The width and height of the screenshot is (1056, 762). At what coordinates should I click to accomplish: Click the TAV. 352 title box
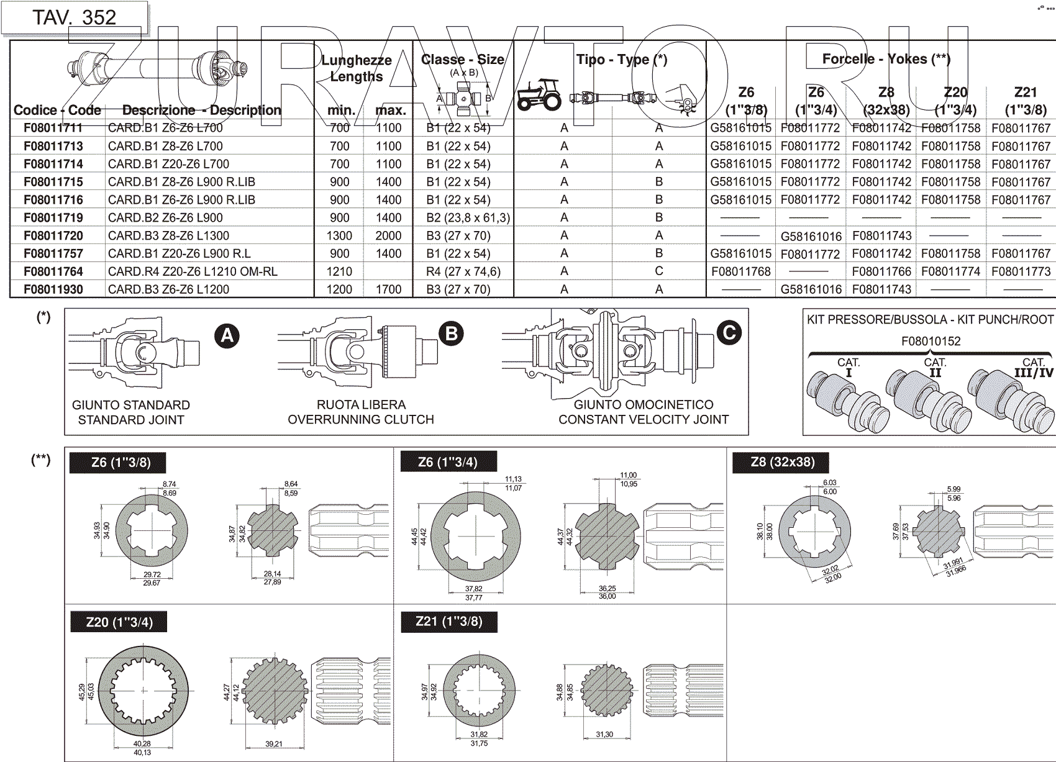[x=74, y=17]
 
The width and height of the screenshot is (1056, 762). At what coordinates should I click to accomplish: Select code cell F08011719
[x=53, y=218]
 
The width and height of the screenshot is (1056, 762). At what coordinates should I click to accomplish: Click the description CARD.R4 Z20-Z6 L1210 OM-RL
[x=193, y=271]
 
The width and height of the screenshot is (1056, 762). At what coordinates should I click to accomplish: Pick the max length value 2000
[x=388, y=236]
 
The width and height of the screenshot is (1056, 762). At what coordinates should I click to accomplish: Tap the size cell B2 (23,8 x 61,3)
[x=468, y=218]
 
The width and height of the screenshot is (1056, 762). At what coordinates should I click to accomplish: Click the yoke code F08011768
[x=741, y=271]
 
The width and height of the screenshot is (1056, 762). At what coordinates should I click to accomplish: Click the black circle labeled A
[x=227, y=336]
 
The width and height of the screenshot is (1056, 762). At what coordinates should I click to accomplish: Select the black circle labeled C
[x=729, y=333]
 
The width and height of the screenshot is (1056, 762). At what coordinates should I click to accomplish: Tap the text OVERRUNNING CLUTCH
[x=360, y=420]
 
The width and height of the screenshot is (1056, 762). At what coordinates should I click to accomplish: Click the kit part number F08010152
[x=931, y=341]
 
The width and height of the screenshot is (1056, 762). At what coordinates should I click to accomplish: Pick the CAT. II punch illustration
[x=929, y=397]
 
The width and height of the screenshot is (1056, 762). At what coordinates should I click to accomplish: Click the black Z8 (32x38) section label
[x=782, y=462]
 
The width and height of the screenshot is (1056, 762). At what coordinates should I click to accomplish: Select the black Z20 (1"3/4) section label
[x=119, y=622]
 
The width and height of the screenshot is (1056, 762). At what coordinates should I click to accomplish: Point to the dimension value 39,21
[x=273, y=744]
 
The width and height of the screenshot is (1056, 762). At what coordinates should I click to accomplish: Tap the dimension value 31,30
[x=604, y=735]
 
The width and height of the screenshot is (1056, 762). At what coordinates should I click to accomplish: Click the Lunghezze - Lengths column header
[x=357, y=68]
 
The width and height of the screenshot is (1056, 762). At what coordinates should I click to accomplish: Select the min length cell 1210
[x=339, y=272]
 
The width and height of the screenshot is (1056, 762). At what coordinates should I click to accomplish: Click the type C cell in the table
[x=658, y=271]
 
